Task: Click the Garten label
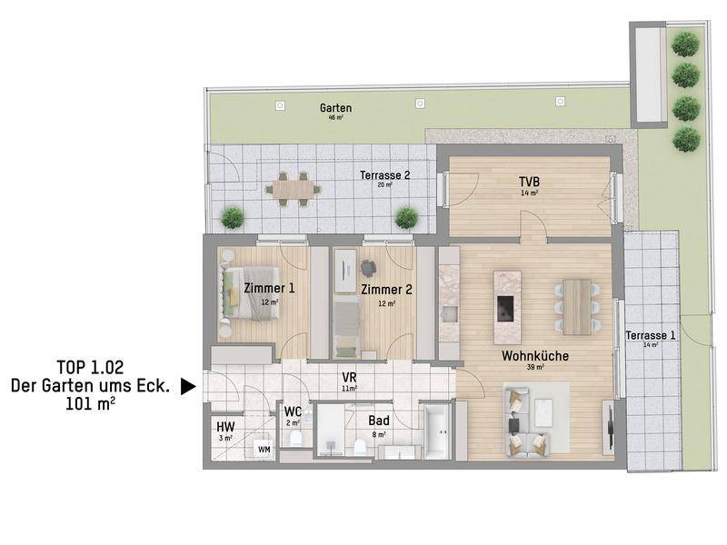(335, 108)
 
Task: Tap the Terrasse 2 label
(384, 175)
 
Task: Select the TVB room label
(529, 182)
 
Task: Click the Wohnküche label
(535, 356)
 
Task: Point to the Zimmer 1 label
(269, 288)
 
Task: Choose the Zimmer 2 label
(386, 290)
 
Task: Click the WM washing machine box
(264, 450)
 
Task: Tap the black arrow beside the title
(188, 386)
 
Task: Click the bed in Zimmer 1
(251, 293)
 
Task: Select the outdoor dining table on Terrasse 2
(293, 189)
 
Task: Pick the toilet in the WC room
(296, 438)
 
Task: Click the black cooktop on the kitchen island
(505, 309)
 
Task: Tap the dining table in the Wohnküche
(577, 306)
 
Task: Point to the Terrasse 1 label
(651, 335)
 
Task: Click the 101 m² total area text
(90, 404)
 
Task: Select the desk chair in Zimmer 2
(368, 267)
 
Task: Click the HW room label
(225, 426)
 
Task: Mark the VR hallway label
(349, 377)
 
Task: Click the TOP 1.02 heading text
(90, 368)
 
